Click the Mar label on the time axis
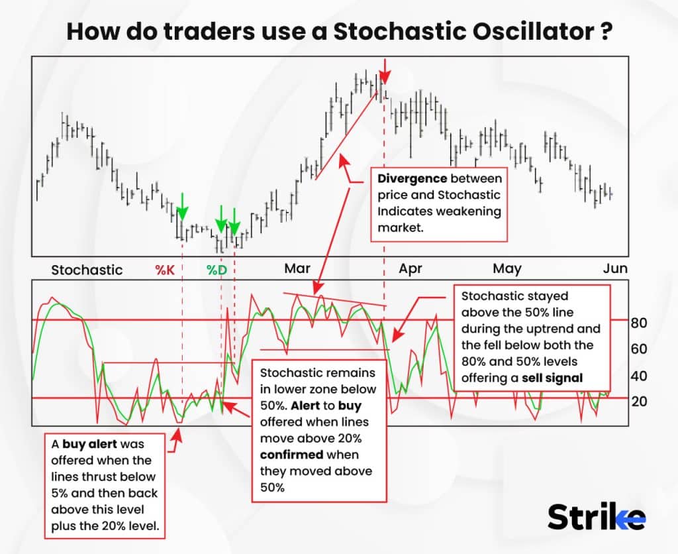(x=297, y=268)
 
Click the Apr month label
(x=411, y=269)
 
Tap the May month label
(x=507, y=269)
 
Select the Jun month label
(x=615, y=268)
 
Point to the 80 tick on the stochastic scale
(x=639, y=323)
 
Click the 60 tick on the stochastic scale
(x=639, y=349)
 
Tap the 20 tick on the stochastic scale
(x=639, y=402)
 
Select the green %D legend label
(x=216, y=270)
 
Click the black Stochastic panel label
(x=87, y=270)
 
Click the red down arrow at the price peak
(x=385, y=68)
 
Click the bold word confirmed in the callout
(x=291, y=455)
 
